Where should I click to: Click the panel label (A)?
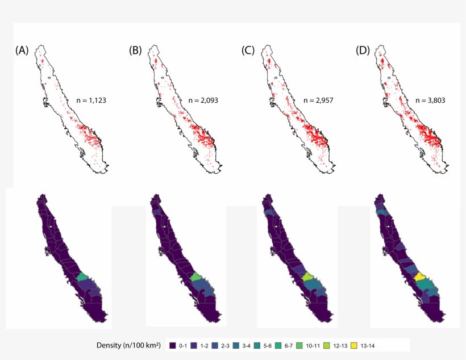click(22, 51)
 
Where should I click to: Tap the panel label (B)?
click(135, 51)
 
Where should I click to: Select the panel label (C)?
click(248, 51)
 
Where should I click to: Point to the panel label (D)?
click(363, 51)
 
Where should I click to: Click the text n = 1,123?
click(91, 101)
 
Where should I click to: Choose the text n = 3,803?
click(430, 101)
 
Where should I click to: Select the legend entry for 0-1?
click(178, 345)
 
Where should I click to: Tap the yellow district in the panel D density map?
click(421, 277)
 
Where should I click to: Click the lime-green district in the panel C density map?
click(309, 277)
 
